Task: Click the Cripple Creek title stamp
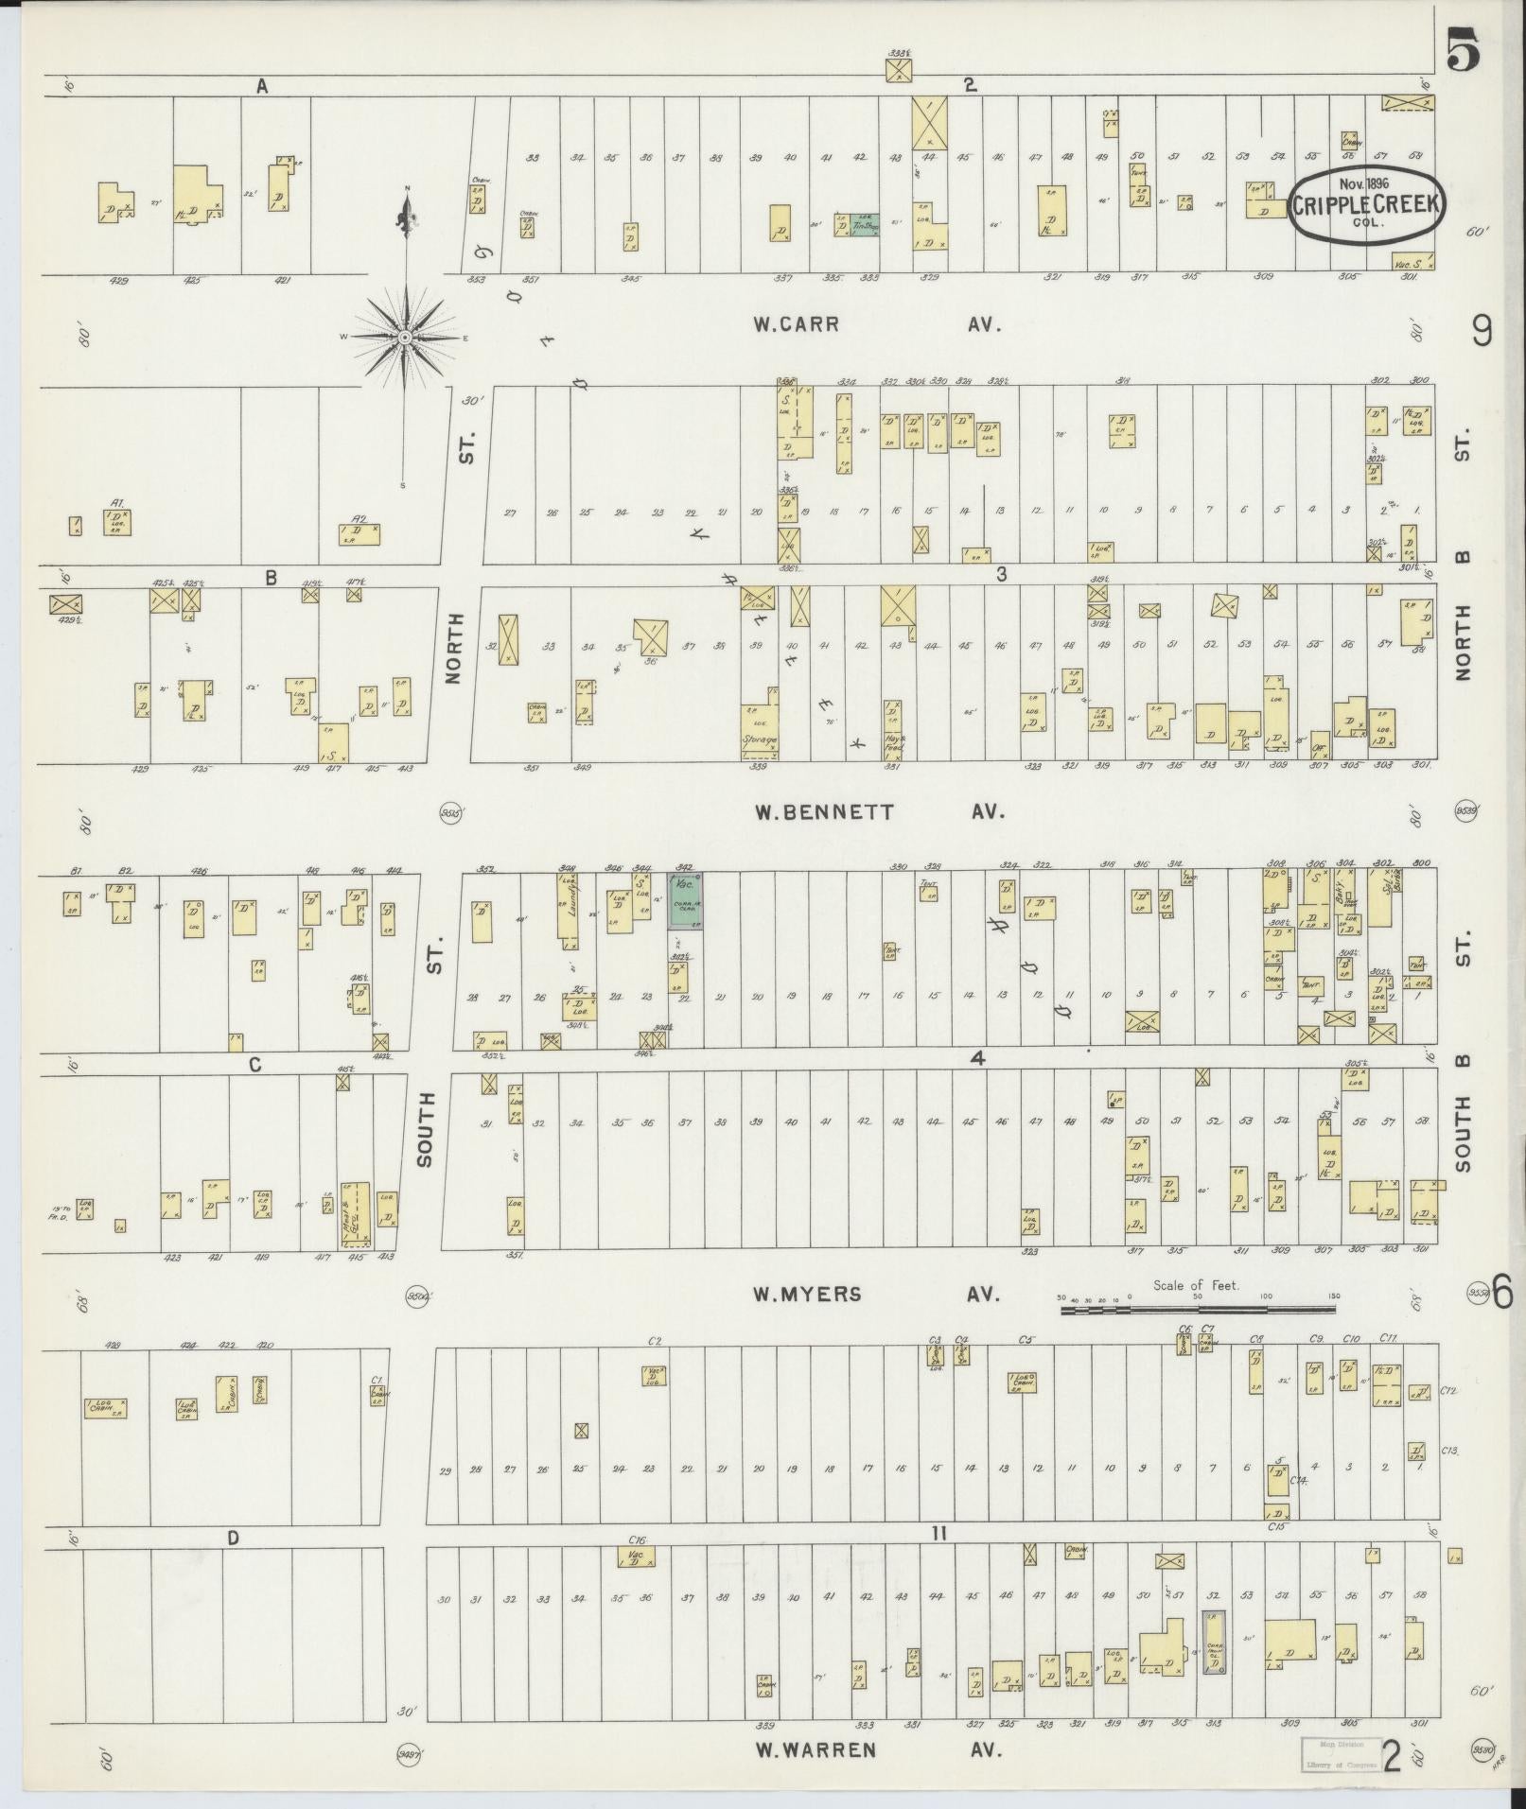pyautogui.click(x=1367, y=205)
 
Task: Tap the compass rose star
pyautogui.click(x=406, y=338)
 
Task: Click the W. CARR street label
pyautogui.click(x=796, y=324)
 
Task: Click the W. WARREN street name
pyautogui.click(x=815, y=1750)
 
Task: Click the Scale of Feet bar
pyautogui.click(x=1197, y=1311)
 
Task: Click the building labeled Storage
pyautogui.click(x=760, y=731)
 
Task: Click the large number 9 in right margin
pyautogui.click(x=1482, y=331)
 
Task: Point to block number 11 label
pyautogui.click(x=938, y=1534)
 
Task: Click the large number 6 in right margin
pyautogui.click(x=1502, y=1293)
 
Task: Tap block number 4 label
pyautogui.click(x=977, y=1059)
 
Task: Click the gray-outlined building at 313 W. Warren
pyautogui.click(x=1214, y=1643)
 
